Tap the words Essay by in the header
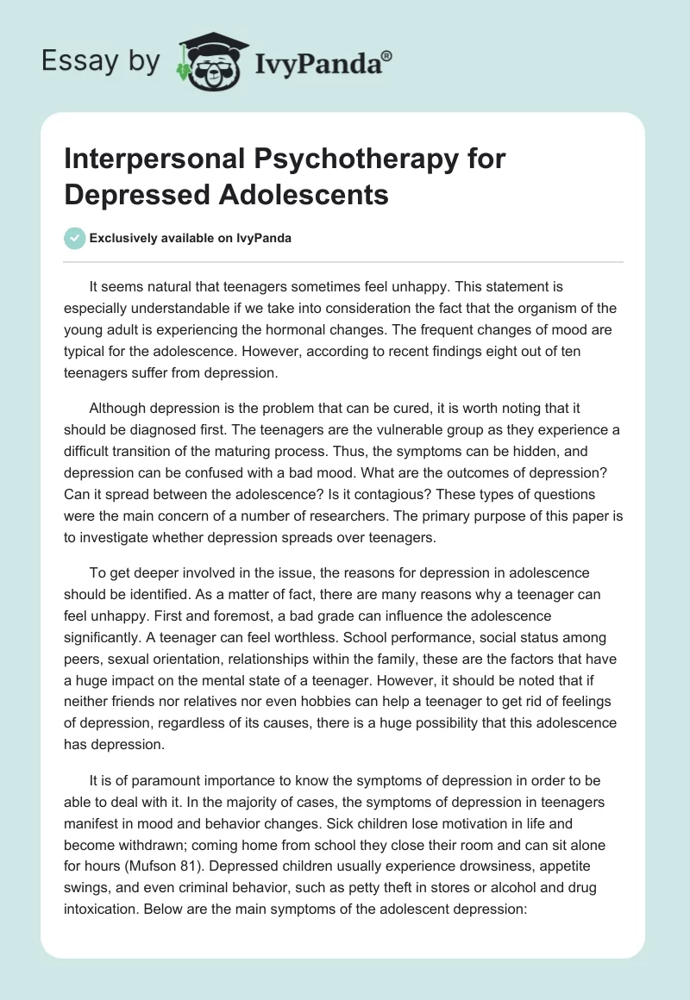[x=101, y=60]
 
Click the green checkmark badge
[x=74, y=238]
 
